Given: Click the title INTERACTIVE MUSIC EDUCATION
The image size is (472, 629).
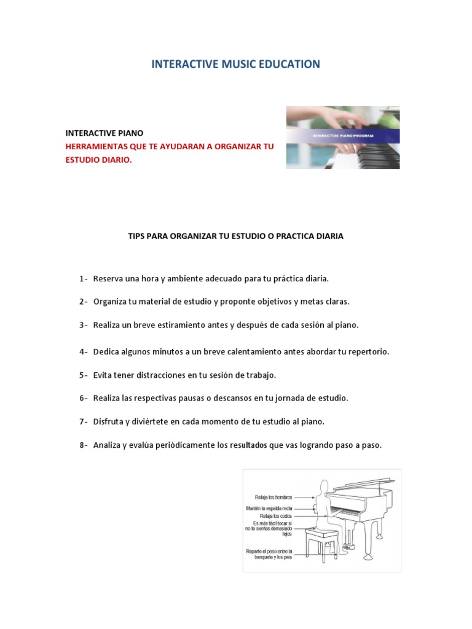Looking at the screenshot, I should pyautogui.click(x=235, y=64).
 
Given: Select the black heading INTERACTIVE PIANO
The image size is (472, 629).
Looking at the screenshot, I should pyautogui.click(x=104, y=133).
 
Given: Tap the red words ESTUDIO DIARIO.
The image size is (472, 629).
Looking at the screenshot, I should pyautogui.click(x=98, y=160).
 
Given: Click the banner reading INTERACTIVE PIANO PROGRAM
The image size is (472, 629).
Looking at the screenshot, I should pyautogui.click(x=343, y=136).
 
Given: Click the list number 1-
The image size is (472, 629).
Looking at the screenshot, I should pyautogui.click(x=84, y=279).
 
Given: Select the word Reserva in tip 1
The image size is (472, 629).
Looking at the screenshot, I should pyautogui.click(x=108, y=279).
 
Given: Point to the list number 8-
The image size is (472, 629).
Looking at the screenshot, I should pyautogui.click(x=84, y=445).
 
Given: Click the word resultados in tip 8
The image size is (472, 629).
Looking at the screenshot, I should pyautogui.click(x=248, y=445).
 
